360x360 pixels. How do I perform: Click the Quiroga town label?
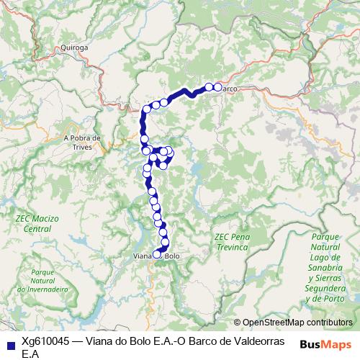click(x=75, y=48)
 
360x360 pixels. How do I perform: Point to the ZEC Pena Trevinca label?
click(x=231, y=241)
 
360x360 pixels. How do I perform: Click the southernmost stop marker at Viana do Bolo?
click(x=157, y=253)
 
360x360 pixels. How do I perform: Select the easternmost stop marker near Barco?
click(x=217, y=87)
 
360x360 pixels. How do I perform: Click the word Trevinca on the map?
click(x=231, y=246)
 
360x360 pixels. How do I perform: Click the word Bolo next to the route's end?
click(x=172, y=256)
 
